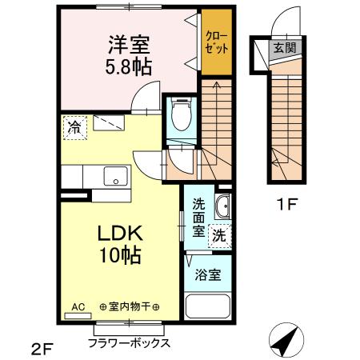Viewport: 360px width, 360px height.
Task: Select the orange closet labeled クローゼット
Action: (216, 42)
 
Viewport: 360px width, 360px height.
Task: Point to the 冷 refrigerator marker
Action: (74, 126)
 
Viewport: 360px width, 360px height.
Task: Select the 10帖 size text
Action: (120, 256)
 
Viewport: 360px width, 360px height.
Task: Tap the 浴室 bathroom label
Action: (209, 274)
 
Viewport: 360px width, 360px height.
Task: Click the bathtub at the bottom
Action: (207, 308)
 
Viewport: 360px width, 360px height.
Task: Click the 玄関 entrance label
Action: (285, 47)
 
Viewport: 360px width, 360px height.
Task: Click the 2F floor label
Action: (42, 347)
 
